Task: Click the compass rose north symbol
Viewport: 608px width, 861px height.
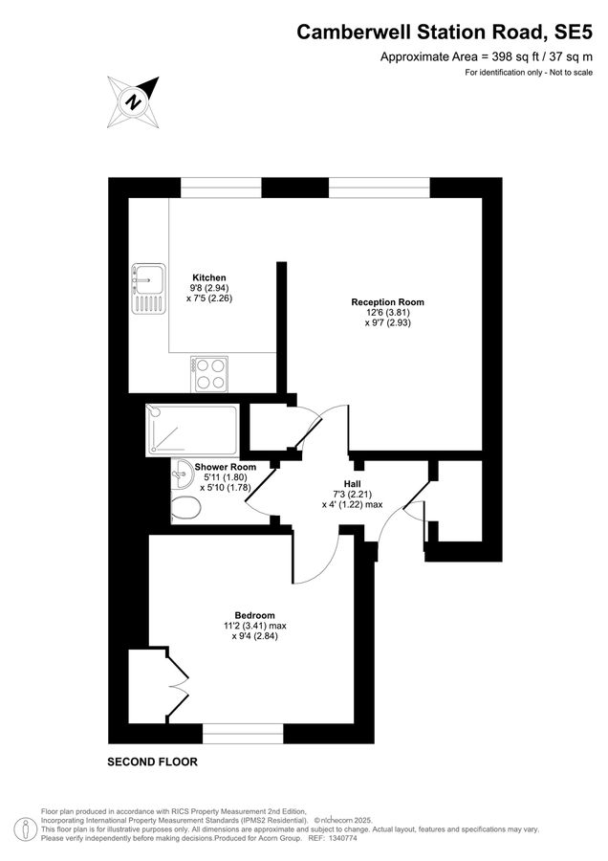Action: point(133,102)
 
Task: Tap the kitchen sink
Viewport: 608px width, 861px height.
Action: point(149,288)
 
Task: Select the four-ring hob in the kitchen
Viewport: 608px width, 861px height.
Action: point(209,374)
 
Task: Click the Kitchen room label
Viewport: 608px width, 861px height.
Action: point(209,277)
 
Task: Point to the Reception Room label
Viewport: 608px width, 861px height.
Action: point(387,302)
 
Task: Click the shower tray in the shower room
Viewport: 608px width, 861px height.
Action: point(192,430)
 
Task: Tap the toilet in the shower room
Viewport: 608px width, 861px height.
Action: point(185,509)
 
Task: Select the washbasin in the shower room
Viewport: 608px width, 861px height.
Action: point(181,475)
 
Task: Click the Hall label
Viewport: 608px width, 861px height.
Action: point(353,484)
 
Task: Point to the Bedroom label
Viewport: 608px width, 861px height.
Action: point(254,615)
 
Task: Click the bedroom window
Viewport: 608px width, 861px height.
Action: point(243,734)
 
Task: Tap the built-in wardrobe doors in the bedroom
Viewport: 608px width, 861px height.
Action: point(177,684)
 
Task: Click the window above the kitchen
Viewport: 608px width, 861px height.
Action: point(221,188)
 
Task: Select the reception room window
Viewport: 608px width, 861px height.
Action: point(380,188)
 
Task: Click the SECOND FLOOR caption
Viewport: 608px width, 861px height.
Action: point(152,762)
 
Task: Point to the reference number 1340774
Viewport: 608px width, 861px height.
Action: point(343,838)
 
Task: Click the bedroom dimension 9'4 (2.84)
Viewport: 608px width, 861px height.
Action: point(254,636)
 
